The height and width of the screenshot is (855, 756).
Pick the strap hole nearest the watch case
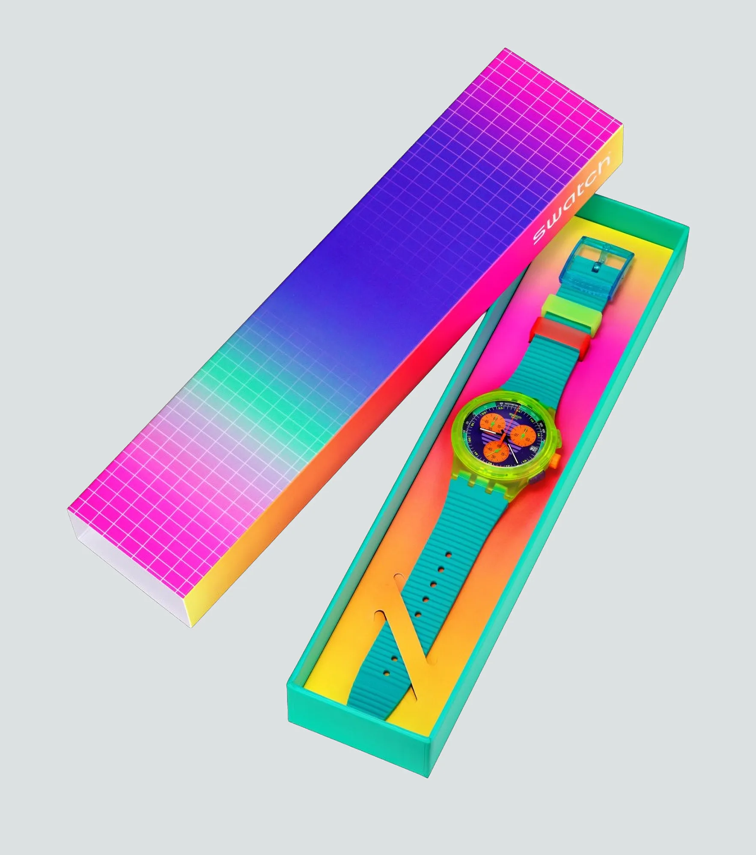[x=448, y=555]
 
